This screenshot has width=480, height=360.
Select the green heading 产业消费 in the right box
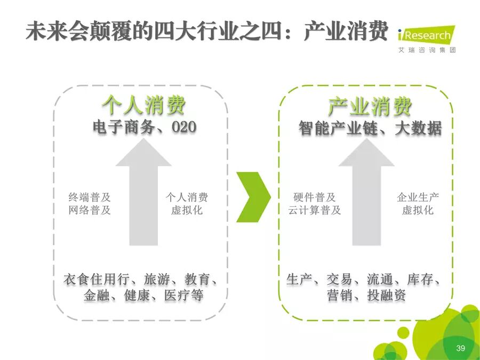(370, 107)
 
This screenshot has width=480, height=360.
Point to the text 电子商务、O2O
(145, 127)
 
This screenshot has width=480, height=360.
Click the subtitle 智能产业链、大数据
(370, 129)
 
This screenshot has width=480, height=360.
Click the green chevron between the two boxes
(253, 197)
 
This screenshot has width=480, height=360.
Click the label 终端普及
(90, 197)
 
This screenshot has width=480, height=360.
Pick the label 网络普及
(90, 210)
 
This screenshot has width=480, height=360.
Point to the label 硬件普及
(315, 197)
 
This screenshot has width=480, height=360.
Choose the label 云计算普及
(315, 210)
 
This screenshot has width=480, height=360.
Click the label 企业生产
(418, 197)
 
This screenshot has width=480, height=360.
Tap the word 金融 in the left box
(97, 295)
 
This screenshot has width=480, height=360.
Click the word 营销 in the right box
(340, 295)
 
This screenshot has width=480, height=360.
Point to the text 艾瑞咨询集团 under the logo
(427, 50)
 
